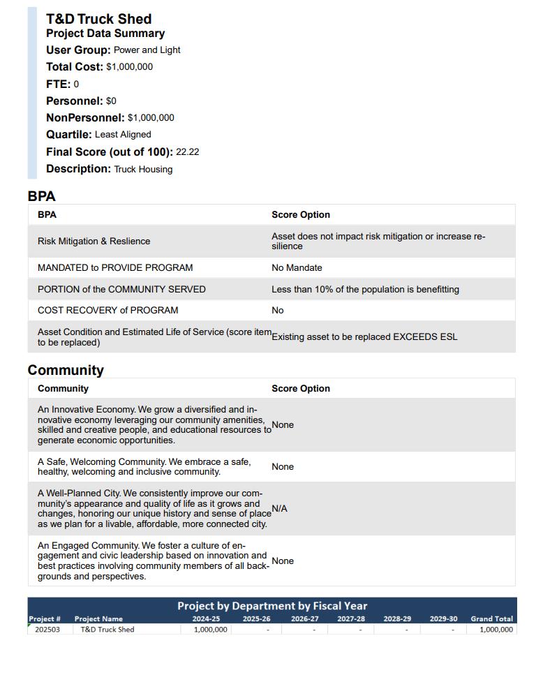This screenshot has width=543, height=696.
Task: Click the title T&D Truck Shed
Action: [98, 19]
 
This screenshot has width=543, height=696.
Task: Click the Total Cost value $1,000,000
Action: [129, 67]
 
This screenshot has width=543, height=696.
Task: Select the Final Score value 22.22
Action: [187, 151]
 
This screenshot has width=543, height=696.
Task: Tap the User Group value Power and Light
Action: [147, 50]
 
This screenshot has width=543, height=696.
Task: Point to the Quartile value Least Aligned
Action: [123, 135]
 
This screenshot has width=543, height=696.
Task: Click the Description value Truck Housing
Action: [143, 169]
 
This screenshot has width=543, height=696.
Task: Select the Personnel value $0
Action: [111, 101]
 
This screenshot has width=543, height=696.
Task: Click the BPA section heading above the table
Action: [41, 196]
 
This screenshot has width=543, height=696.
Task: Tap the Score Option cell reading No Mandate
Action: [297, 267]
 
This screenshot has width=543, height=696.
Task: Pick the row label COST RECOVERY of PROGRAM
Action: [107, 310]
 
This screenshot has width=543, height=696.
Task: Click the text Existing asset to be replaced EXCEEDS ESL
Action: [364, 336]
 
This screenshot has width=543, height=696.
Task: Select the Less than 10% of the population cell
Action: [365, 289]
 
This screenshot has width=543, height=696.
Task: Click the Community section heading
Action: [66, 370]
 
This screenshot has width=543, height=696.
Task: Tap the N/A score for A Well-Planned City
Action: [279, 509]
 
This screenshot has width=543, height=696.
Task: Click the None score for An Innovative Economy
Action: [283, 425]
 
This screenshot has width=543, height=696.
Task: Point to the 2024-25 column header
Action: [206, 619]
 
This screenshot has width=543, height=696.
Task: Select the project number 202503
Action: [47, 629]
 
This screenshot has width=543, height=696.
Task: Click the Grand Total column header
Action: [491, 619]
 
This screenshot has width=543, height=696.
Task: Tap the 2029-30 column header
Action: [443, 619]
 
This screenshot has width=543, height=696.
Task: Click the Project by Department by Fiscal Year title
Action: [272, 606]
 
